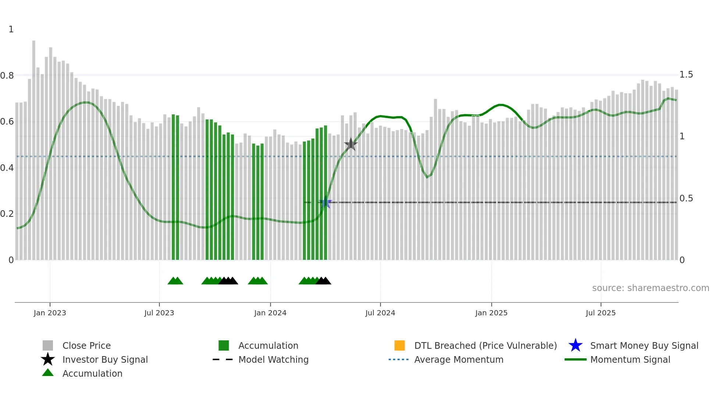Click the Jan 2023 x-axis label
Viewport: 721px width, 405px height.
(50, 313)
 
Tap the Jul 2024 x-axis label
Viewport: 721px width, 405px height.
(380, 313)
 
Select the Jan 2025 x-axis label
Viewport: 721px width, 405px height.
(491, 313)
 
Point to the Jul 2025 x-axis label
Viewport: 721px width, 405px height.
(600, 313)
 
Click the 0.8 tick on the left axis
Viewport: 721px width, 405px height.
(7, 76)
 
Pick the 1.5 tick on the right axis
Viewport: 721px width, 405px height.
(686, 75)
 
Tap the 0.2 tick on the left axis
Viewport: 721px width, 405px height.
(7, 214)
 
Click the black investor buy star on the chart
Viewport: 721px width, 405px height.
(351, 144)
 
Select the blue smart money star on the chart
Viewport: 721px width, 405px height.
(325, 203)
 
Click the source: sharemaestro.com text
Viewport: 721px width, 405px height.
(650, 288)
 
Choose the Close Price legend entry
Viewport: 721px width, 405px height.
(86, 345)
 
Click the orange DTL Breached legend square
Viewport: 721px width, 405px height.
(399, 345)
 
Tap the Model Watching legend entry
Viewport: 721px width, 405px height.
(273, 359)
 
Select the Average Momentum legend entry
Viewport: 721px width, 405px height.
(459, 359)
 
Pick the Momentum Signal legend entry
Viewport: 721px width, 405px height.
(630, 359)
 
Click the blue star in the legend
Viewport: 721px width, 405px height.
(575, 345)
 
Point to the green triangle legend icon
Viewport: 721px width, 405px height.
(48, 373)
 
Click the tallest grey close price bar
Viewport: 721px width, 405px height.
(34, 147)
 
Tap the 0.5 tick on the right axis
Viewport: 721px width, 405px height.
(686, 198)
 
